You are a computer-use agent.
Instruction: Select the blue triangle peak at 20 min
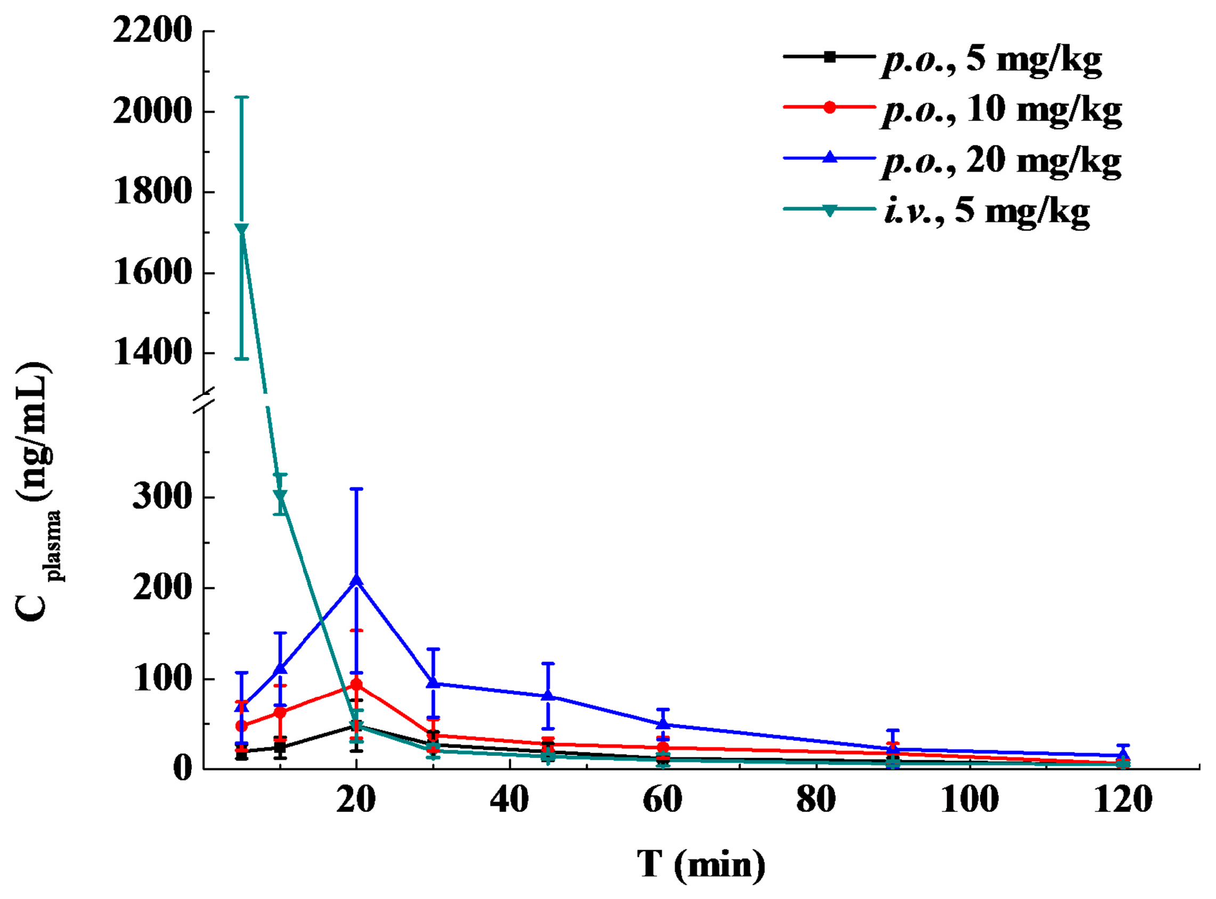(x=356, y=580)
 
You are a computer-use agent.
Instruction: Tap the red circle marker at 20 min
(x=356, y=684)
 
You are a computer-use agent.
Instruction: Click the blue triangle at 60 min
(x=663, y=724)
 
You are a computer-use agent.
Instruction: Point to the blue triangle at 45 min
(x=548, y=696)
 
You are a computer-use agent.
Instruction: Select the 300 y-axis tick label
(x=162, y=497)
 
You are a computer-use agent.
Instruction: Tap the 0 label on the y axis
(x=183, y=768)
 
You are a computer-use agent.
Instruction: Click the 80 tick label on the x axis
(x=816, y=800)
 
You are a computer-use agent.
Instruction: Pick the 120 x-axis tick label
(x=1122, y=800)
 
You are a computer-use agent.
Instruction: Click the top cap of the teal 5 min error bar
(x=241, y=97)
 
